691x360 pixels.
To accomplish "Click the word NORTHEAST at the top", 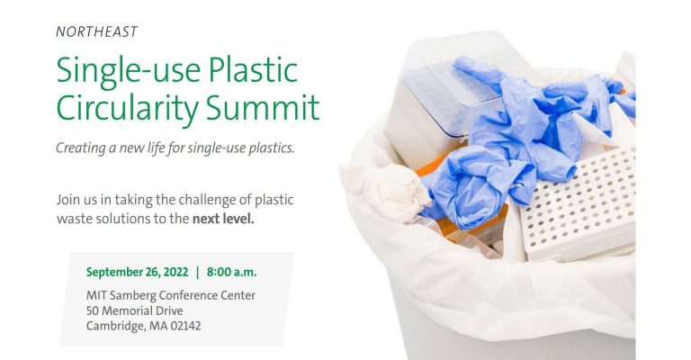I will pos(96,31).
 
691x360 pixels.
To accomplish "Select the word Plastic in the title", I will pos(254,70).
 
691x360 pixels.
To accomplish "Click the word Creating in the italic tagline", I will pos(84,148).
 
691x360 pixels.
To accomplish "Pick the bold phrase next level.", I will pos(224,217).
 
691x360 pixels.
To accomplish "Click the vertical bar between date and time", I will pos(197,271).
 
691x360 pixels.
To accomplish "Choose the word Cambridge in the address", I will pos(115,325).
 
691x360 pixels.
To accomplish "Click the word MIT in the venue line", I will pos(97,294).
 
